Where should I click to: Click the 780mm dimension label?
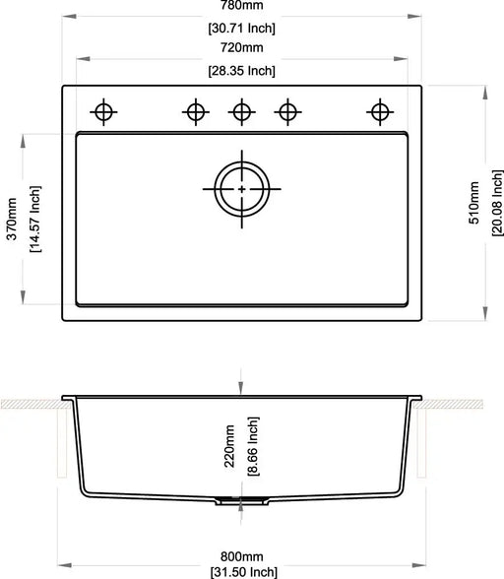point(242,4)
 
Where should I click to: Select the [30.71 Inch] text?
point(242,27)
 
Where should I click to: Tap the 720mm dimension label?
point(242,47)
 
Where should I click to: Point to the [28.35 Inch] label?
point(242,70)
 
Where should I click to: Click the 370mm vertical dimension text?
point(12,217)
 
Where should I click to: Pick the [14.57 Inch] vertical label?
point(34,217)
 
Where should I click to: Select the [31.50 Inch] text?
point(243,571)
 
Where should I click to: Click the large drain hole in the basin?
point(241,187)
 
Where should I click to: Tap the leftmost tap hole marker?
point(102,111)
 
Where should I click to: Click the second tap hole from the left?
point(195,111)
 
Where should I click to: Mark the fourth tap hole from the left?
point(287,111)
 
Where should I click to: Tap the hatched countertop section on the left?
point(30,404)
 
